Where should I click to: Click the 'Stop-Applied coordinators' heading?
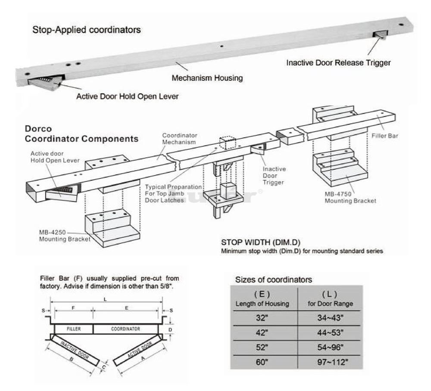tap(87, 31)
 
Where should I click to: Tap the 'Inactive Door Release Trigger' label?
tap(338, 63)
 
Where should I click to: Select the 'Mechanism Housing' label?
tap(207, 78)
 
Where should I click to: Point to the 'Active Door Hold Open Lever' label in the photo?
tap(127, 97)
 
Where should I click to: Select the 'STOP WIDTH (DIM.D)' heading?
tap(255, 242)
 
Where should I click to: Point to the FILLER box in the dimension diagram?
tap(74, 329)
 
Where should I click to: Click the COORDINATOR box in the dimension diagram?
tap(125, 329)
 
